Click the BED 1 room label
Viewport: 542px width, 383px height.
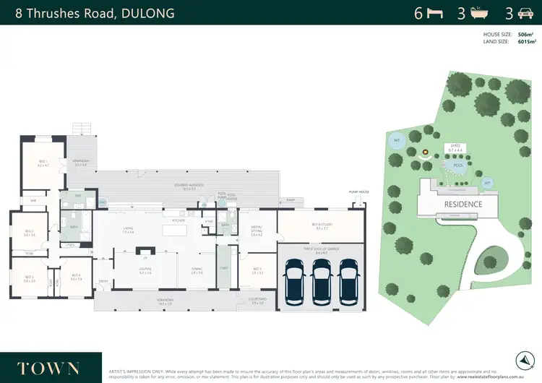click(x=43, y=163)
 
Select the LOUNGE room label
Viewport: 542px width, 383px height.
click(x=145, y=270)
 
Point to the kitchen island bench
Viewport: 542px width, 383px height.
click(x=174, y=230)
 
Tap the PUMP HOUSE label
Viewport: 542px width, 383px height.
click(x=358, y=192)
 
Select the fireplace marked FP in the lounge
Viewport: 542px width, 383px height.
click(x=145, y=256)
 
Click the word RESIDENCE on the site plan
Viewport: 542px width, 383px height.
click(x=463, y=204)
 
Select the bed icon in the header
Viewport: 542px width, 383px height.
click(x=435, y=12)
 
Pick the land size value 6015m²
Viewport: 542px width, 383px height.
click(x=525, y=42)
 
